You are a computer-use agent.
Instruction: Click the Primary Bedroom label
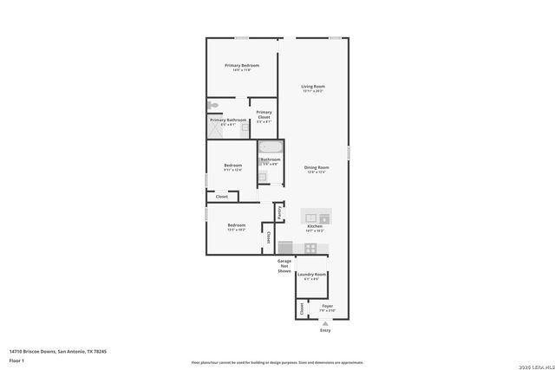pyautogui.click(x=242, y=66)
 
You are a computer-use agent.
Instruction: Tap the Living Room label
pyautogui.click(x=312, y=87)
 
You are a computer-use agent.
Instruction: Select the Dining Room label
pyautogui.click(x=316, y=167)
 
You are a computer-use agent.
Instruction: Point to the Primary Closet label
pyautogui.click(x=264, y=113)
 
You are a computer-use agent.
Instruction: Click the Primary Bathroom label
pyautogui.click(x=227, y=120)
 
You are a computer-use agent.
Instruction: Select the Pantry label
pyautogui.click(x=279, y=211)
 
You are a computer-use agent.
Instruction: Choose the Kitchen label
pyautogui.click(x=314, y=226)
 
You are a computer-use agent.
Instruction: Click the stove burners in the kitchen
pyautogui.click(x=311, y=249)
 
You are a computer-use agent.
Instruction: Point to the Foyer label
pyautogui.click(x=327, y=305)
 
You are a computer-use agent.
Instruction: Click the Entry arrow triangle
pyautogui.click(x=325, y=323)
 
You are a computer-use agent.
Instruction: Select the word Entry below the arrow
pyautogui.click(x=325, y=330)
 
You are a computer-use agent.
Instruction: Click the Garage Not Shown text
pyautogui.click(x=284, y=266)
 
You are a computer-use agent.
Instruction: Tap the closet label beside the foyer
pyautogui.click(x=301, y=308)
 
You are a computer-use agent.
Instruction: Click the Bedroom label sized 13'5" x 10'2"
pyautogui.click(x=237, y=225)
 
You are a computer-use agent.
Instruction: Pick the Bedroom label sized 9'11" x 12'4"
pyautogui.click(x=232, y=166)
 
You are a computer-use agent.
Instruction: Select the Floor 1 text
pyautogui.click(x=17, y=360)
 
